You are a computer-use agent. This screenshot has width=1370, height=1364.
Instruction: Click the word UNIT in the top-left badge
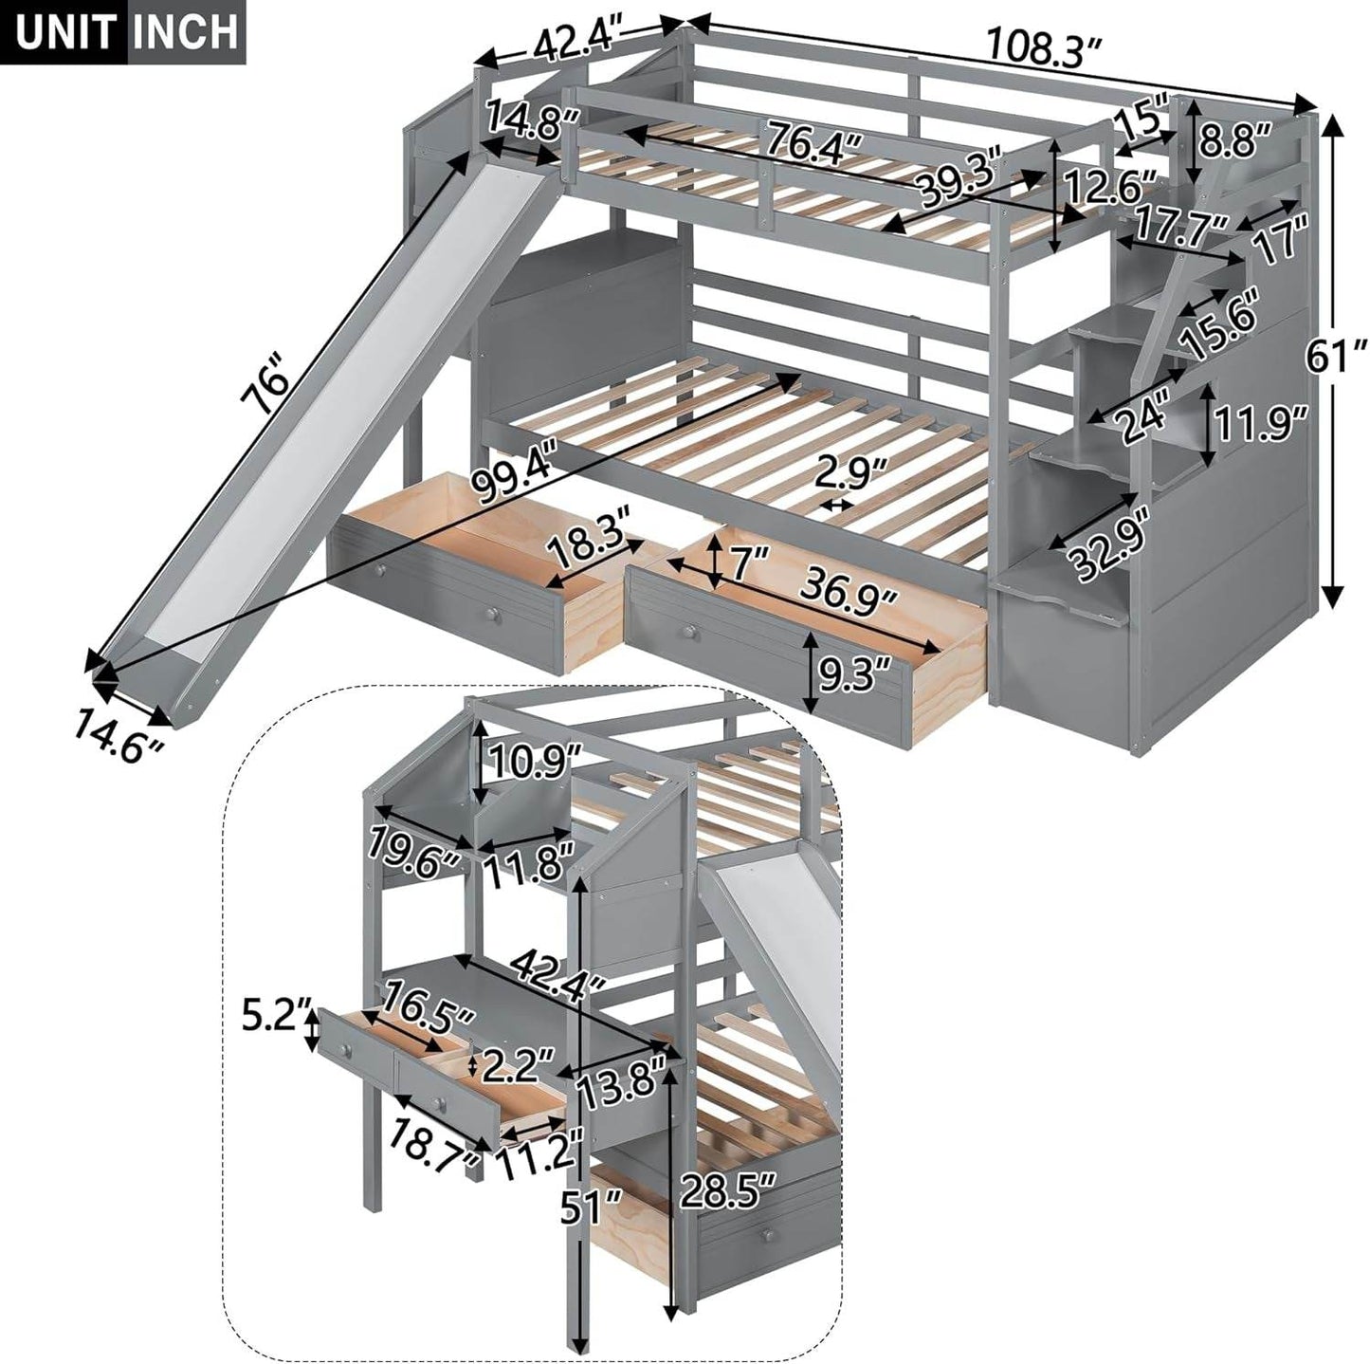coord(65,31)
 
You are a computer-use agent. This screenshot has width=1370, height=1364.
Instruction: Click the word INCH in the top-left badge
coord(185,31)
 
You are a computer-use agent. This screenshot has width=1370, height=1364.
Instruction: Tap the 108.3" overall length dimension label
coord(1046,46)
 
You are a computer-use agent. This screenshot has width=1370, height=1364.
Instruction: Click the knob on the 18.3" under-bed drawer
coord(491,617)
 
